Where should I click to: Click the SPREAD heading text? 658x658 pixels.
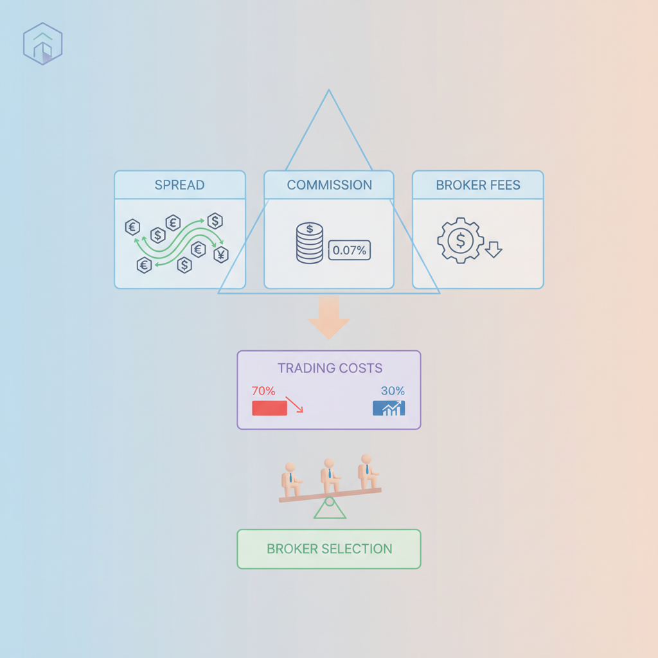pos(179,185)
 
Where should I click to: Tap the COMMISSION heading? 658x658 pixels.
pos(329,185)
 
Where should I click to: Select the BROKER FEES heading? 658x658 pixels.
pos(477,185)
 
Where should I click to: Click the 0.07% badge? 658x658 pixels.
pos(349,251)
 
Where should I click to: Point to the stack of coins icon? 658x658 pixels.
pos(310,243)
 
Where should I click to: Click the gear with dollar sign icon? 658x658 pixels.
pos(460,241)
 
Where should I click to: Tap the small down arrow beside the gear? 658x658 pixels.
pos(493,249)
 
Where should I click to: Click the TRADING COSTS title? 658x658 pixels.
pos(330,368)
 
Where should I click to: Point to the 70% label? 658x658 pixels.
pos(263,391)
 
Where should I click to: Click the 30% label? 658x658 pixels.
pos(393,391)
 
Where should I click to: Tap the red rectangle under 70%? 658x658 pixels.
pos(269,408)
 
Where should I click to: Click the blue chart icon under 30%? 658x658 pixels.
pos(389,408)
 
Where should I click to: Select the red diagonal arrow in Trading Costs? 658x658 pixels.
pos(294,405)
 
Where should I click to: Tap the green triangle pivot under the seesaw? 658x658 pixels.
pos(330,510)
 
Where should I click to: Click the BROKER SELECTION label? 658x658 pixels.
pos(329,549)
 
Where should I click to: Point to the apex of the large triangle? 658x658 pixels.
pos(329,91)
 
